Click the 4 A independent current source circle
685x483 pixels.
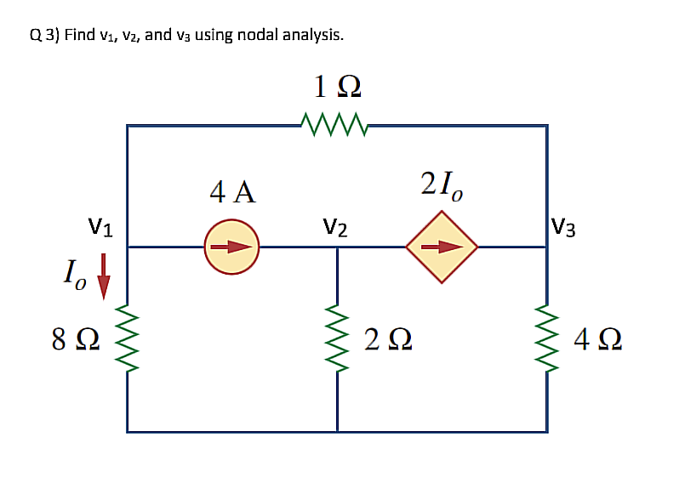coord(231,247)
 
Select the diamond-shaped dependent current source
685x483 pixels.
coord(442,247)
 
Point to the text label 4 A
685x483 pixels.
coord(232,192)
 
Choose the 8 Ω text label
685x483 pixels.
coord(75,344)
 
